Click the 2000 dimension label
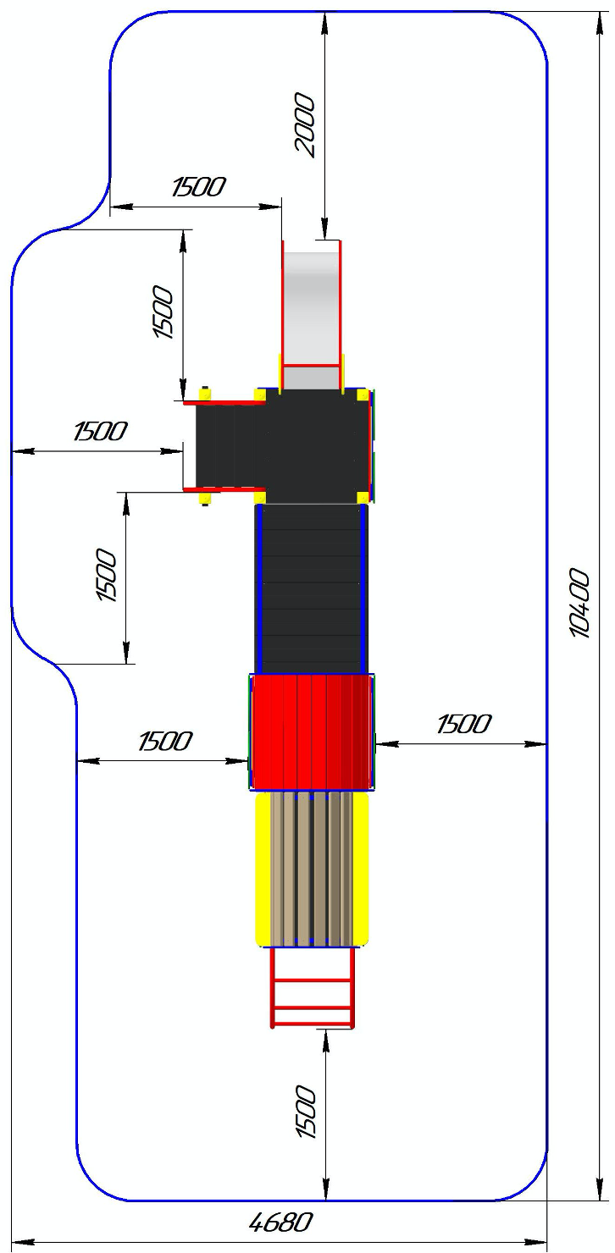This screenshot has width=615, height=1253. coord(305,124)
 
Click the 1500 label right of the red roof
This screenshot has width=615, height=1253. coord(463,724)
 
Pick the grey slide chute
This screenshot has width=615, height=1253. coord(312,314)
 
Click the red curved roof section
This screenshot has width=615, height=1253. coord(312,732)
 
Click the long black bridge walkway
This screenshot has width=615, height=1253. coord(311,589)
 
